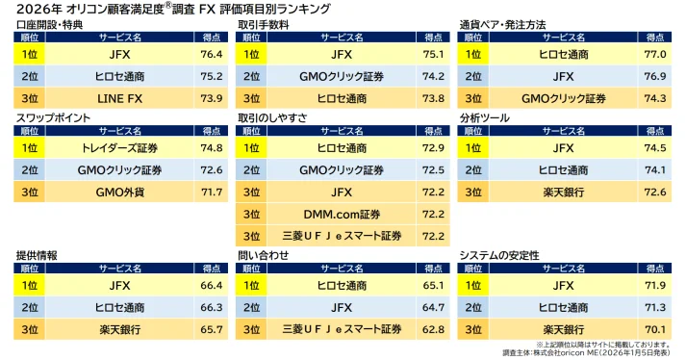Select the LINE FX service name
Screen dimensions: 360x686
point(120,98)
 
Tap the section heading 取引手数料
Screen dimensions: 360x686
point(264,23)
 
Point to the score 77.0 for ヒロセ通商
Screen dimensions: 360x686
point(655,55)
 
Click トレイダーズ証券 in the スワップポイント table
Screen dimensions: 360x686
point(120,148)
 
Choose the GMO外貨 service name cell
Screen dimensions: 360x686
point(120,192)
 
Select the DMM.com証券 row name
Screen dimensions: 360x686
point(341,214)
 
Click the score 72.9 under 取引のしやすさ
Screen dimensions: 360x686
point(434,148)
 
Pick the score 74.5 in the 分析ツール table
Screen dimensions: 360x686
point(655,148)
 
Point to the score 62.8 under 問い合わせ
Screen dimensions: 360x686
point(434,329)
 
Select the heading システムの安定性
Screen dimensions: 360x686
point(498,255)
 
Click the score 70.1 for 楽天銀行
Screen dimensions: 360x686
point(655,329)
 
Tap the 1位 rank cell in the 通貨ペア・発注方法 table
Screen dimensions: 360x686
point(472,55)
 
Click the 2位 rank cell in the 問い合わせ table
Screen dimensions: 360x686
point(251,307)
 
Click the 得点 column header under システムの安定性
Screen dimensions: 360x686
point(655,269)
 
